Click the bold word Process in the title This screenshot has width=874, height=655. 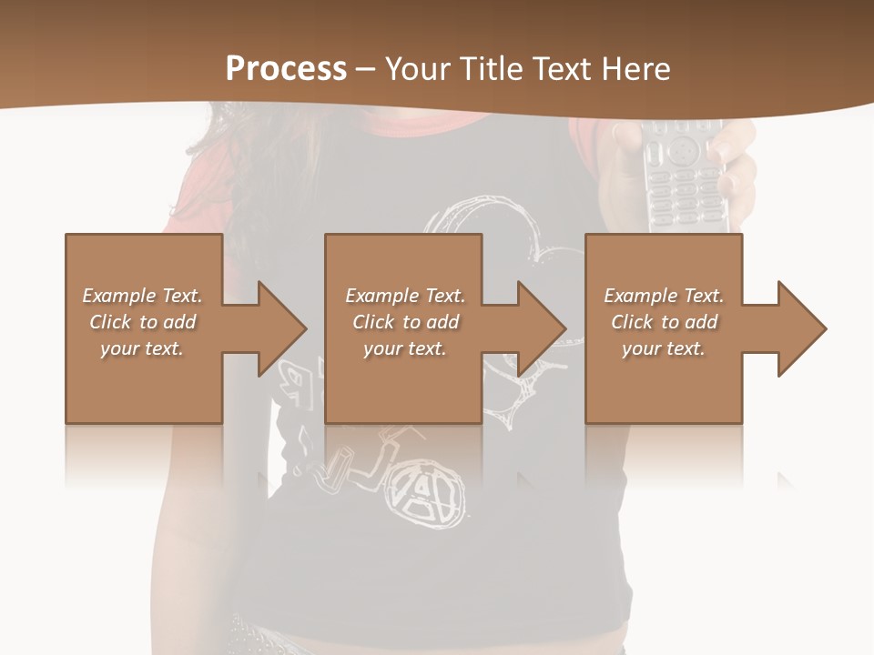click(x=286, y=68)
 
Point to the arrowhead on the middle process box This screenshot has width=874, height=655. click(x=540, y=328)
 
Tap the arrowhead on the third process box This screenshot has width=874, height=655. click(x=800, y=328)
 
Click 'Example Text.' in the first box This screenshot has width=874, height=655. click(x=142, y=296)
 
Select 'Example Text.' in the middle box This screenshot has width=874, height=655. click(x=404, y=296)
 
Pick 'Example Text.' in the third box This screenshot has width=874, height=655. click(x=664, y=296)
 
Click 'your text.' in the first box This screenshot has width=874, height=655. click(x=142, y=348)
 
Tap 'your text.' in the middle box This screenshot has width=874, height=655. click(x=404, y=348)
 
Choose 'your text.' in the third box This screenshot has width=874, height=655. click(x=664, y=348)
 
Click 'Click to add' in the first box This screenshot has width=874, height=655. click(x=142, y=322)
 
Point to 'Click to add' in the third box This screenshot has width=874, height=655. click(x=664, y=322)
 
